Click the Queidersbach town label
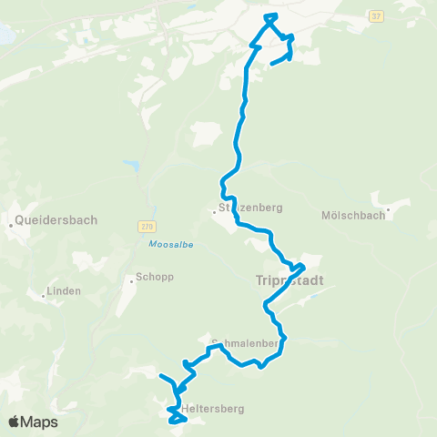[x=57, y=219]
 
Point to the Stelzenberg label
[x=251, y=207]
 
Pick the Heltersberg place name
[x=213, y=409]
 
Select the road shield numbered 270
[x=147, y=226]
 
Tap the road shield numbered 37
[x=376, y=16]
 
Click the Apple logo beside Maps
[x=15, y=422]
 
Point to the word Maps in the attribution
[x=40, y=422]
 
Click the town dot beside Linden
[x=44, y=294]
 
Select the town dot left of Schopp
[x=131, y=280]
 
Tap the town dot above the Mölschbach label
[x=388, y=208]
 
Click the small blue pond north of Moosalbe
[x=135, y=166]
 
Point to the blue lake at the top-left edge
[x=5, y=35]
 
